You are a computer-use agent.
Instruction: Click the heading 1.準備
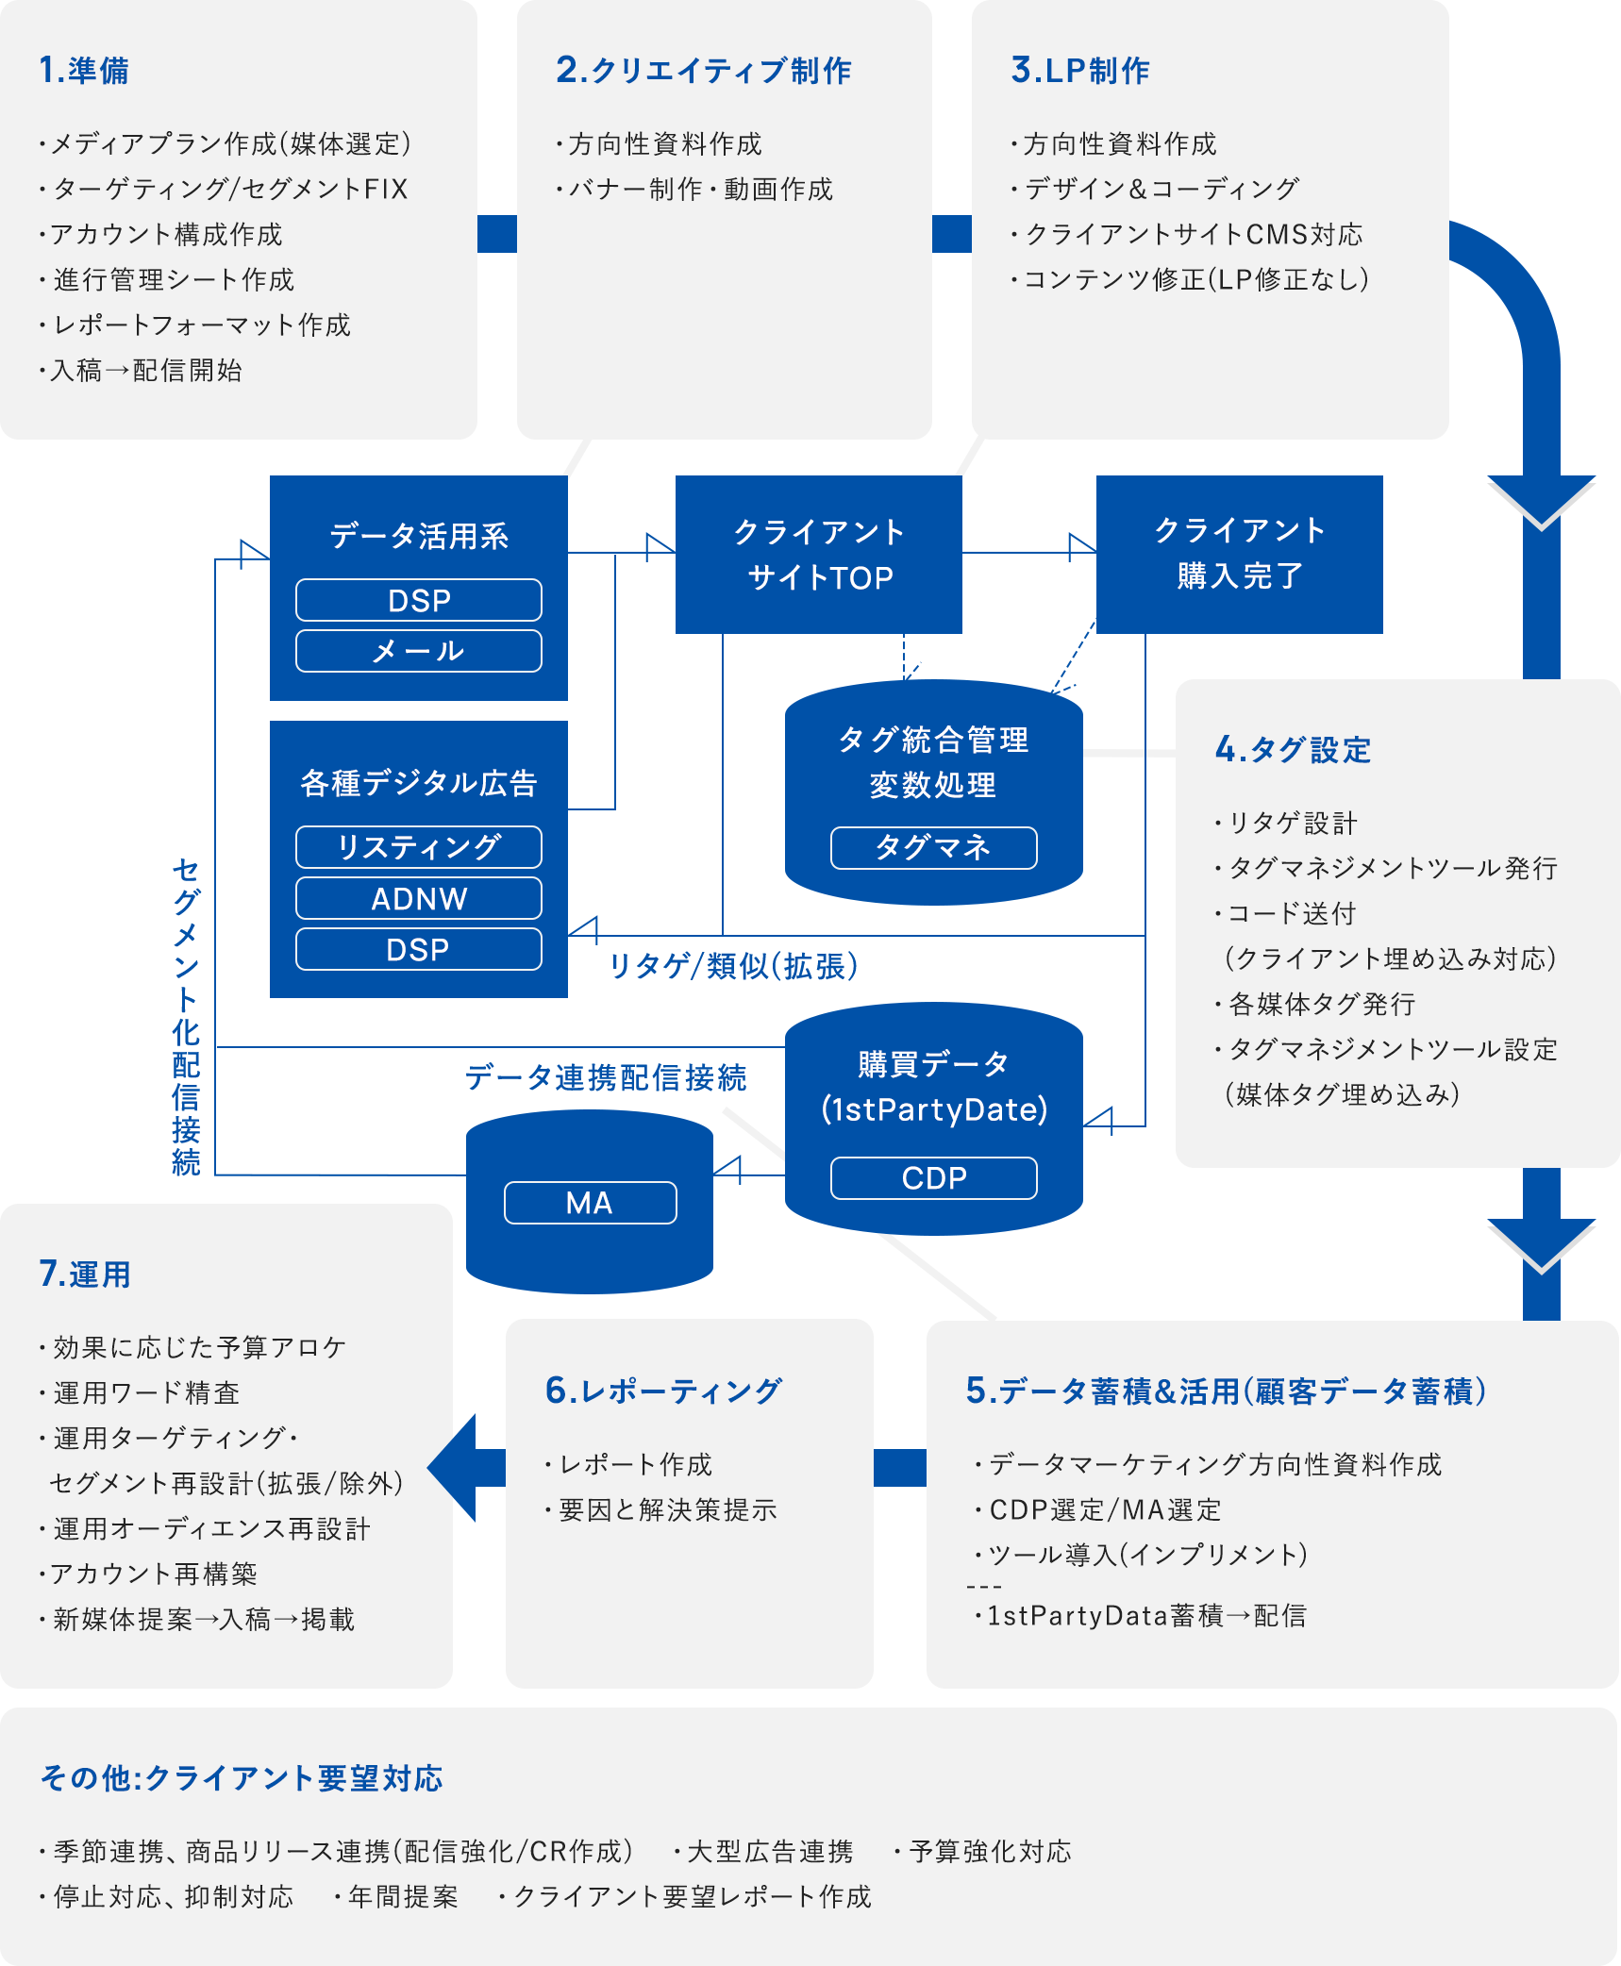(84, 71)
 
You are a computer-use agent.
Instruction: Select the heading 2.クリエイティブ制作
(703, 71)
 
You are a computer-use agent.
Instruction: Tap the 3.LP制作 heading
(1079, 71)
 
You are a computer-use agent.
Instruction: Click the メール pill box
(418, 651)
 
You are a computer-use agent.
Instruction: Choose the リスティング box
(418, 847)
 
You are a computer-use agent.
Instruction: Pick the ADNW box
(418, 898)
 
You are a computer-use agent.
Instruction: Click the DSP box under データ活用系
(418, 600)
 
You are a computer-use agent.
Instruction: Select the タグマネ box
(933, 847)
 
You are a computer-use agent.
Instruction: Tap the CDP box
(933, 1178)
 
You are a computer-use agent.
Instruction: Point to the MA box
(590, 1203)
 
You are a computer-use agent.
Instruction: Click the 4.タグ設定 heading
(1293, 750)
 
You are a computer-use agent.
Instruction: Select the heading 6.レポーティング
(663, 1391)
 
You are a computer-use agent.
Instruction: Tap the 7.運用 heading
(85, 1275)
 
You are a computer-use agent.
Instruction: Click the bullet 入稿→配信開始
(146, 370)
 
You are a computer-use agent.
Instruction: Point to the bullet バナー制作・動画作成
(699, 189)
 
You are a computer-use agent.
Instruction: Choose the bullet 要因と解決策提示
(666, 1509)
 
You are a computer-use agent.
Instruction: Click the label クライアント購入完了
(1240, 553)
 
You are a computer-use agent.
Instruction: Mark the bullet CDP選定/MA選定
(1104, 1509)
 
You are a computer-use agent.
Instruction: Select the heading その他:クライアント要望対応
(242, 1778)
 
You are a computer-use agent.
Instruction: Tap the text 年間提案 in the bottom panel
(402, 1896)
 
